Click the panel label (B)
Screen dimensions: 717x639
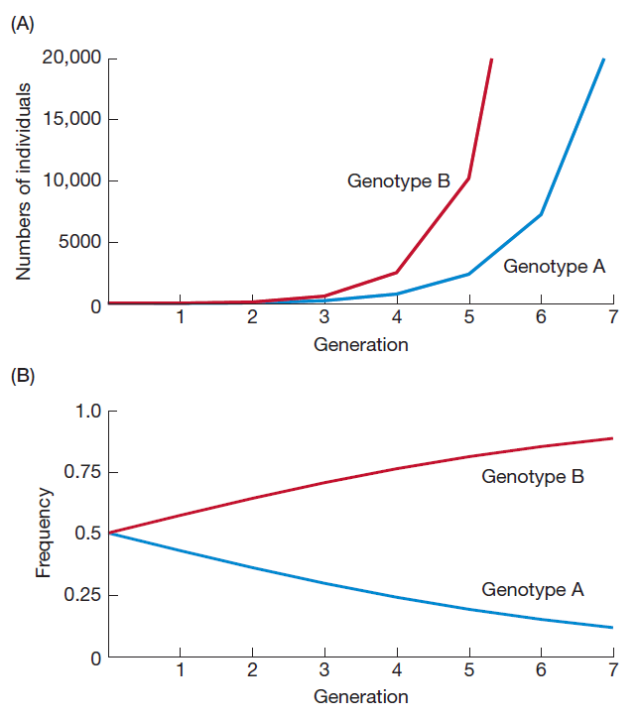pos(22,378)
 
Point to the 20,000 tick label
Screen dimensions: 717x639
pos(71,59)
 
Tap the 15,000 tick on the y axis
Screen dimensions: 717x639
pos(71,120)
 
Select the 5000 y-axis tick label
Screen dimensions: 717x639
pos(79,242)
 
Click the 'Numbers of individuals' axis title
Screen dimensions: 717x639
pos(25,181)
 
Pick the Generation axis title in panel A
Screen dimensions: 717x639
pos(360,345)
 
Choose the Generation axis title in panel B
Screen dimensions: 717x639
pos(360,696)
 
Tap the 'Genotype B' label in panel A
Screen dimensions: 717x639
pos(398,180)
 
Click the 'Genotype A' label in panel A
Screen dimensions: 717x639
pos(554,266)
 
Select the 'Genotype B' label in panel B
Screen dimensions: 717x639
pos(532,476)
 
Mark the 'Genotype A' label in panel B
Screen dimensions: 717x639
pos(532,589)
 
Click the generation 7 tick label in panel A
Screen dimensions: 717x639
pos(612,317)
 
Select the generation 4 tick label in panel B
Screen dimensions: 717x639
pos(396,669)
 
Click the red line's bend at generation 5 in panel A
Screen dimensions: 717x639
pos(468,179)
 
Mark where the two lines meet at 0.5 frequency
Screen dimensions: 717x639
pos(109,533)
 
